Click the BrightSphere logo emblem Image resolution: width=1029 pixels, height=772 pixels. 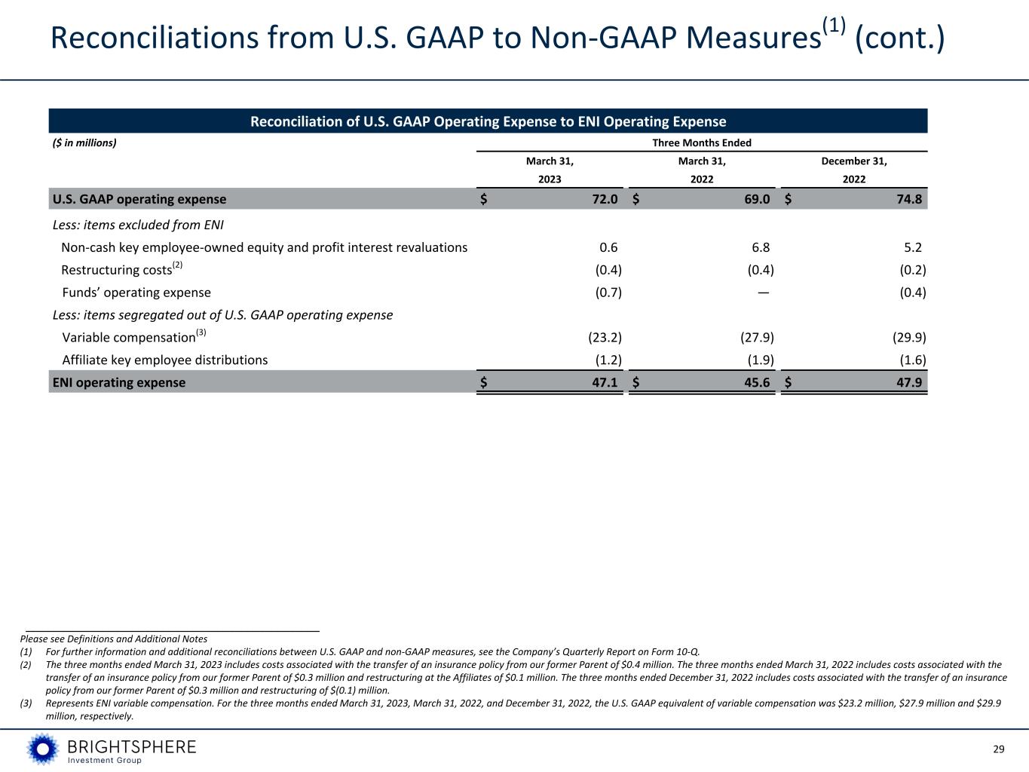click(x=42, y=749)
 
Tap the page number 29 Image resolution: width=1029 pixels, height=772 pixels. click(x=999, y=749)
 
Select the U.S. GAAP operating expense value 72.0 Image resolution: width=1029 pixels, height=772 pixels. click(x=605, y=199)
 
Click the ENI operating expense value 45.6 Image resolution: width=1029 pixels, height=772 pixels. click(x=756, y=382)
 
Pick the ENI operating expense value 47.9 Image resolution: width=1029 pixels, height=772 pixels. click(x=908, y=382)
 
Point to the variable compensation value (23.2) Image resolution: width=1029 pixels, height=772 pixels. click(x=604, y=338)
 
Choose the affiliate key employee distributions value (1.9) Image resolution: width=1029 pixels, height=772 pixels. click(x=756, y=360)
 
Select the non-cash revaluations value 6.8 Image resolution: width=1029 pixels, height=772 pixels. click(x=761, y=247)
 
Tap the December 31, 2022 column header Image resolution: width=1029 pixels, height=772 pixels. click(x=854, y=170)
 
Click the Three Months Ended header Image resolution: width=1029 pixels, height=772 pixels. click(x=702, y=142)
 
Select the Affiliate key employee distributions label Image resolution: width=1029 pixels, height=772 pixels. click(x=164, y=360)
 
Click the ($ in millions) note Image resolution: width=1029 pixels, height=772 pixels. click(x=84, y=142)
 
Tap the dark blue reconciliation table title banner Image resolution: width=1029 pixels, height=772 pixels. click(x=488, y=121)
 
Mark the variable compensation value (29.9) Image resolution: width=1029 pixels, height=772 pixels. click(x=908, y=338)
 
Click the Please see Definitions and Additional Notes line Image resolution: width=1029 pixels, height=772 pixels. click(x=114, y=639)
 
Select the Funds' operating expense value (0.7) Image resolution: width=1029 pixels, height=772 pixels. click(x=608, y=293)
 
